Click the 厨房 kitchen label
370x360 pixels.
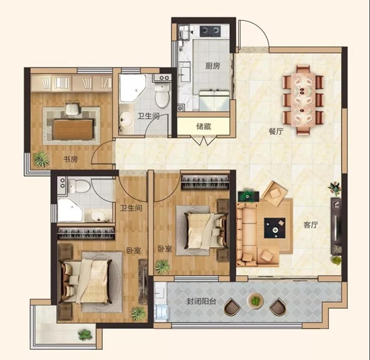point(213,66)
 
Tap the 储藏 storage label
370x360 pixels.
point(203,127)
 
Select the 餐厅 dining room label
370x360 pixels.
point(276,131)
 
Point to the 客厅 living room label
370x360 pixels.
point(311,225)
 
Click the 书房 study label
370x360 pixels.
point(71,159)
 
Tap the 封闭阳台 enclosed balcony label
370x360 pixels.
point(201,301)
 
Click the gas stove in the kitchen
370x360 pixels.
point(211,31)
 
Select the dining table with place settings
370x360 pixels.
point(303,100)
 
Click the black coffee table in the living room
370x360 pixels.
point(274,228)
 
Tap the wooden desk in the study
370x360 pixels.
point(73,130)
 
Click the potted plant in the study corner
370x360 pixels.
point(41,159)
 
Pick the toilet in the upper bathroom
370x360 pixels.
point(162,95)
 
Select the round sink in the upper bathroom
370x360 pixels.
point(126,118)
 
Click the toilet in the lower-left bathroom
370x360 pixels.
point(79,186)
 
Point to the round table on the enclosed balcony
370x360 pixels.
point(255,300)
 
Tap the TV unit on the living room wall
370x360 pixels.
point(336,226)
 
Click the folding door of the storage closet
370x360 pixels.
point(203,141)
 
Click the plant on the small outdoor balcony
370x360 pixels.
point(85,334)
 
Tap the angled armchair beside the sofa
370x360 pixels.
point(274,193)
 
